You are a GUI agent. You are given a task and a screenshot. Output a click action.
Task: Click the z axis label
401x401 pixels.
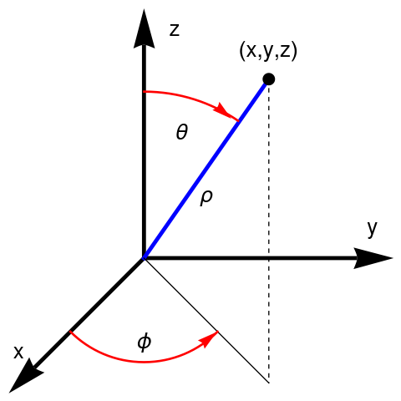(x=175, y=30)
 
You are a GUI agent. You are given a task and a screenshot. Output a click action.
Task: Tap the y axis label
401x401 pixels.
(x=372, y=229)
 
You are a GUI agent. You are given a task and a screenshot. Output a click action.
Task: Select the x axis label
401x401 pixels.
(x=18, y=352)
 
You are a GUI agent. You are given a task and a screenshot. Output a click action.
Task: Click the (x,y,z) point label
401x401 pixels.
(x=268, y=52)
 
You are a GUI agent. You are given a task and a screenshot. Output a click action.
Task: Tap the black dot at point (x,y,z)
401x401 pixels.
(x=269, y=79)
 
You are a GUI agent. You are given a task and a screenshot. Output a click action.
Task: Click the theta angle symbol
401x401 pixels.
(x=182, y=132)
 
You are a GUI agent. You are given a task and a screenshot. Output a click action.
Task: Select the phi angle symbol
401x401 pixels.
(x=145, y=343)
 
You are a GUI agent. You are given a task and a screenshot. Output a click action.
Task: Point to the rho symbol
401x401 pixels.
(x=206, y=198)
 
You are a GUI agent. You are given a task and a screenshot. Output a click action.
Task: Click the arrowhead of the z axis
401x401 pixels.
(x=144, y=28)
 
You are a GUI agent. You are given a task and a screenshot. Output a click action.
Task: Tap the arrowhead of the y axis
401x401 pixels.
(x=373, y=258)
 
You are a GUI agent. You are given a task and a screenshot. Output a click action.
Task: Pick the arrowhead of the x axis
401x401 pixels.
(x=26, y=376)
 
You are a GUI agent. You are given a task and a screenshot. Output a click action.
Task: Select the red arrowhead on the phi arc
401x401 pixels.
(x=209, y=339)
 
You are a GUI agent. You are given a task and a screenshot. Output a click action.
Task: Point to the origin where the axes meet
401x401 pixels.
(x=144, y=258)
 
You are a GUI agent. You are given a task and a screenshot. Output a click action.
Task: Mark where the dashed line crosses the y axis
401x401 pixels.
(x=269, y=258)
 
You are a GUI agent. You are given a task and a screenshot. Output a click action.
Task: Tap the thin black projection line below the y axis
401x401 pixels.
(x=206, y=321)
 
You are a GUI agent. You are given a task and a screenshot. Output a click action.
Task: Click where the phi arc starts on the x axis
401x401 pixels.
(x=70, y=332)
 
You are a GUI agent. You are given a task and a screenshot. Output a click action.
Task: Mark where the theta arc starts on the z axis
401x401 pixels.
(x=144, y=91)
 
